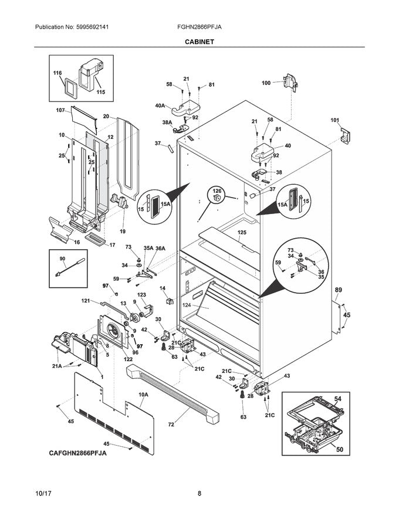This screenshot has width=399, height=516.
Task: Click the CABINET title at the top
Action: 199,42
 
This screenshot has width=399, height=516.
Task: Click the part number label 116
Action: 58,73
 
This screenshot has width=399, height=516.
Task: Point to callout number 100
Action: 266,83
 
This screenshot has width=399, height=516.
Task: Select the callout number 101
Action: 334,121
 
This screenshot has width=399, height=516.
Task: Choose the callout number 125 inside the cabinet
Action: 242,233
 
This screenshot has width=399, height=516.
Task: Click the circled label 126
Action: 217,191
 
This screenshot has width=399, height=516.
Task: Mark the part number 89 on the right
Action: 339,289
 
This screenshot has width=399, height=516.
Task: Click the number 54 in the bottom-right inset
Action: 337,399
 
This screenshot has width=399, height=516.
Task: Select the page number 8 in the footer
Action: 199,494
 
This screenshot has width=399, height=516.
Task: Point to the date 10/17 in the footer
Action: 44,494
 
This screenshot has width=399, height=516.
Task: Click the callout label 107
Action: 60,110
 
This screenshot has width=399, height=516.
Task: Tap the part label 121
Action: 86,301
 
